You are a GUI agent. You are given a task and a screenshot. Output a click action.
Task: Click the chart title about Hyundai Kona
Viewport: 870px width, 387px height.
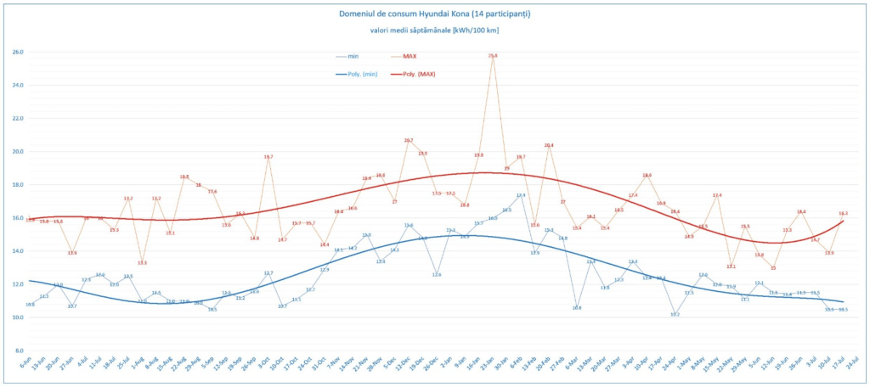point(434,14)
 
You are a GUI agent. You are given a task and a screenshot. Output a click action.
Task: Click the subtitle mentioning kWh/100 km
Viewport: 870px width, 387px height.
point(434,31)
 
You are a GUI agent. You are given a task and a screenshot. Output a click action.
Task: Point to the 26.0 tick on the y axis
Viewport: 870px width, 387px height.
point(16,53)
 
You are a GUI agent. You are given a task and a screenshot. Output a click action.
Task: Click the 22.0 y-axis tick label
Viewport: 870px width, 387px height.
point(16,119)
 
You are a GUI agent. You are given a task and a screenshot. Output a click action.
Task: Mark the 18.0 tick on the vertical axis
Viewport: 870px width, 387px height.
point(16,185)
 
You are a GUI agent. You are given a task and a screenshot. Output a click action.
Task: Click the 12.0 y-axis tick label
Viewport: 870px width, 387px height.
point(16,284)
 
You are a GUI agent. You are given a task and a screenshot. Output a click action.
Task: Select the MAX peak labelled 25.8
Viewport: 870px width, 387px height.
point(493,56)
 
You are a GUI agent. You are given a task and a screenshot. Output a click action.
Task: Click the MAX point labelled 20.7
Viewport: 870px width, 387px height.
point(409,140)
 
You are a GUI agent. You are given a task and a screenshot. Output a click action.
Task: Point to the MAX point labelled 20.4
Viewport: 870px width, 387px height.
point(549,145)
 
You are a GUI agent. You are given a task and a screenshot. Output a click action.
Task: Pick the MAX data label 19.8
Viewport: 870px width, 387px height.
point(479,155)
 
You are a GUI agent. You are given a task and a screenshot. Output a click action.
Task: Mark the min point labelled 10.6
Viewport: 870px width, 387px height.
point(577,307)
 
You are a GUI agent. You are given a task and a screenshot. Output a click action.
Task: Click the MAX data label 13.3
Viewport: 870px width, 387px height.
point(142,263)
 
